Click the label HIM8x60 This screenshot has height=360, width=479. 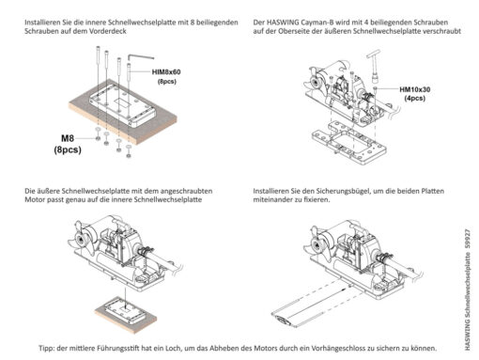coord(166,72)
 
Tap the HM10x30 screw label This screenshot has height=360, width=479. coord(415,89)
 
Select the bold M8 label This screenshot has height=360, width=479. coord(68,138)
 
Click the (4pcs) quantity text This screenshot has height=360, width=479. coord(415,99)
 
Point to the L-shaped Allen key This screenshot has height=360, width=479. coord(140,56)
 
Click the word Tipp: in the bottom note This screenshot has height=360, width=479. coord(47,348)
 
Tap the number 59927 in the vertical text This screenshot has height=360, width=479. coord(468,240)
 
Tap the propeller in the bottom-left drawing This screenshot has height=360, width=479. coord(82,240)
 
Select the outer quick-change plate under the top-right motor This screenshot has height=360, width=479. coord(349,143)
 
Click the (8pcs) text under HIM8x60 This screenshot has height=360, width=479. coord(167,82)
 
